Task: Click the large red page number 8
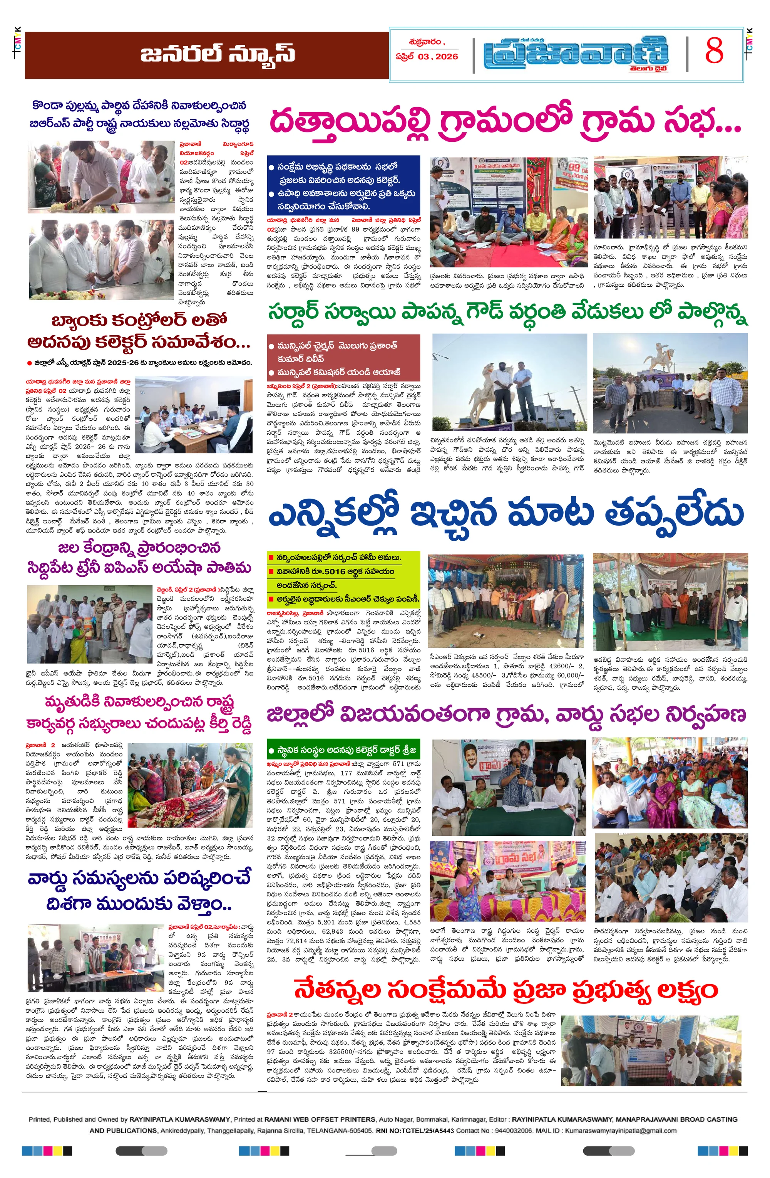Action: pyautogui.click(x=714, y=50)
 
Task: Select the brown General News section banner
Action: pyautogui.click(x=207, y=55)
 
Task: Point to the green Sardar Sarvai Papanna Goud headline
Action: pyautogui.click(x=507, y=312)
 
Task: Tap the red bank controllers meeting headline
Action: pyautogui.click(x=139, y=331)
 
